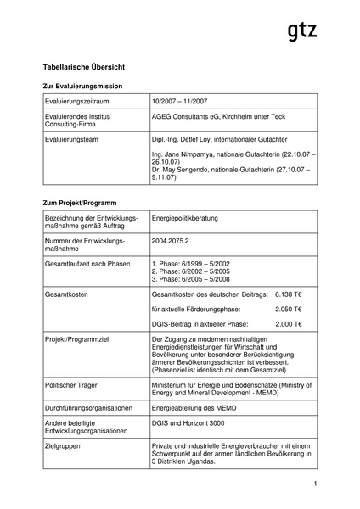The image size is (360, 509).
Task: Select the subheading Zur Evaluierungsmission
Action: point(82,87)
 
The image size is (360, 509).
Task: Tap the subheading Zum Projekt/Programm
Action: point(79,204)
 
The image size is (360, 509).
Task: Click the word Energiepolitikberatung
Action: point(184,218)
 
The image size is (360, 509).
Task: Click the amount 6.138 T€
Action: point(289,293)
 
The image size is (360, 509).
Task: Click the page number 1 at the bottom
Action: point(314,484)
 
